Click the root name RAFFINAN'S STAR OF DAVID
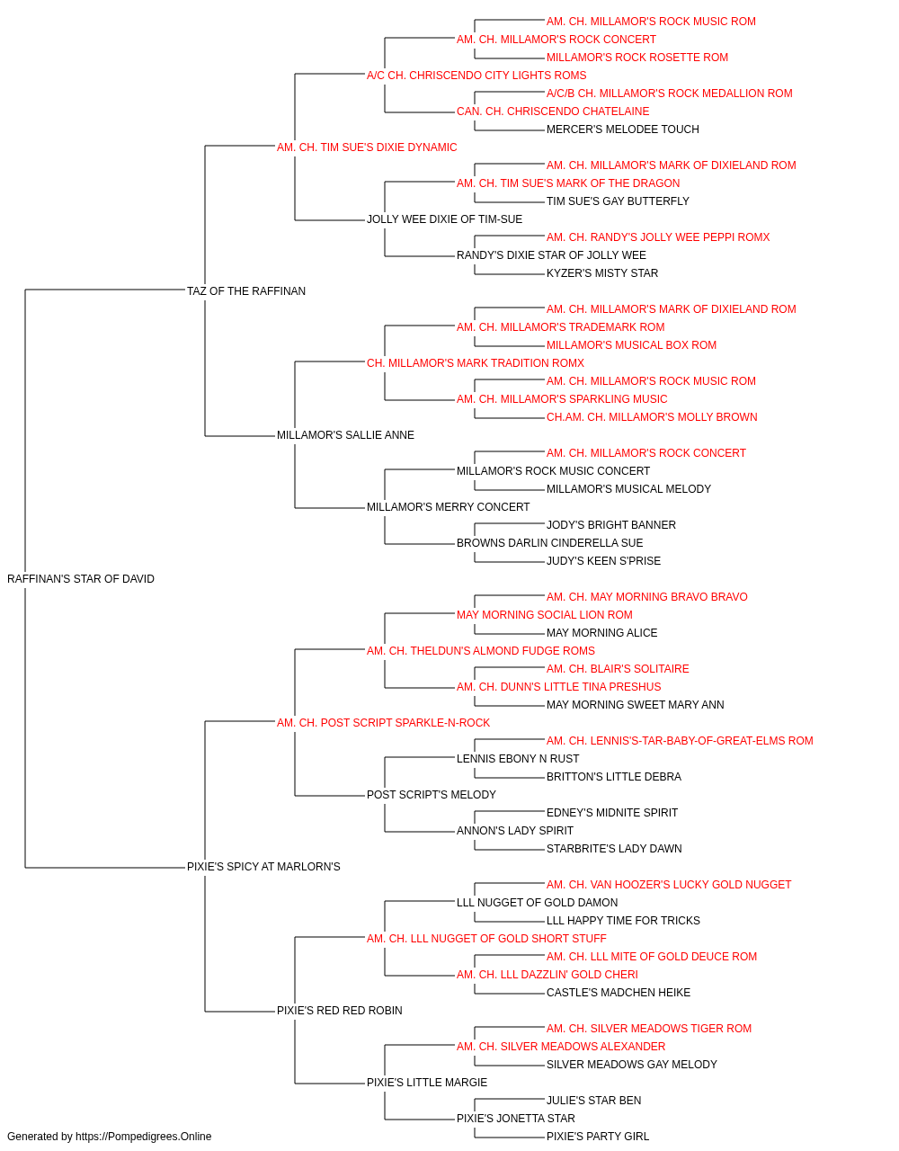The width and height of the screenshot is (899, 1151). point(81,578)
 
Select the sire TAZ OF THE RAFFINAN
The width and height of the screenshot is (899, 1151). point(246,290)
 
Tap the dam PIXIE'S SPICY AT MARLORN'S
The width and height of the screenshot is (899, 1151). point(263,867)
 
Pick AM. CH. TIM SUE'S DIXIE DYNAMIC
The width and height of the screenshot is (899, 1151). point(367,147)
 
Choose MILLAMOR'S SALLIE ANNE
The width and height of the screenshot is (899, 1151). point(346,435)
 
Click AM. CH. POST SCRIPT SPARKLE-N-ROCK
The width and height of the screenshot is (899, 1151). point(383,722)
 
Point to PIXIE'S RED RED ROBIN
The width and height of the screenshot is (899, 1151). point(340,1010)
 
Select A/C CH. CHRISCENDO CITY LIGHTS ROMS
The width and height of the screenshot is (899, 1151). point(476,76)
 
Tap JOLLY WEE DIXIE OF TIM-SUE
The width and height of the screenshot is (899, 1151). point(445,219)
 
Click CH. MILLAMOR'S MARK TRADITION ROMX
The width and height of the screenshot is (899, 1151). point(476,362)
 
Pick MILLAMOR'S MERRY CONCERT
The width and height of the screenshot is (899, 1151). point(449,507)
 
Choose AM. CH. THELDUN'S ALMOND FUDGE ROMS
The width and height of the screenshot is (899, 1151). point(481,650)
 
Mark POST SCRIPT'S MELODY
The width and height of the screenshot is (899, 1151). point(432,795)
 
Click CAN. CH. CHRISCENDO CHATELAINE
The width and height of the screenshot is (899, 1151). point(553,112)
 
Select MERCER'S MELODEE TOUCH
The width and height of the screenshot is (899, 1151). point(623,129)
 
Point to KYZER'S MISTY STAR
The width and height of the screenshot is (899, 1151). point(602,272)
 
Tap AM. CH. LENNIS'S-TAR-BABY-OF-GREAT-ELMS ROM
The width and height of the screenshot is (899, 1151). point(680,740)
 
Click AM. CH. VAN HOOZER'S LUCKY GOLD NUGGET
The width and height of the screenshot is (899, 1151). point(669,885)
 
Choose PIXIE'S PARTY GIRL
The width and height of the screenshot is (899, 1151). point(598,1137)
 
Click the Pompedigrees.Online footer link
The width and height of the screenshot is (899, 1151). point(144,1137)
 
